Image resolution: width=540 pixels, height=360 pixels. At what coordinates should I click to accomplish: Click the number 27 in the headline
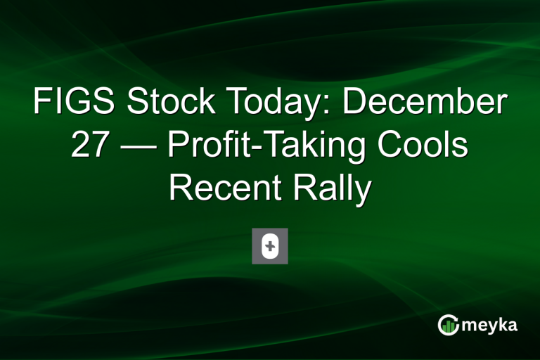[x=91, y=147]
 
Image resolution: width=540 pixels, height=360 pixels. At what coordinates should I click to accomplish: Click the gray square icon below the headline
[x=270, y=246]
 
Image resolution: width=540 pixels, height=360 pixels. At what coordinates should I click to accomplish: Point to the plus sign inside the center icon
[x=270, y=246]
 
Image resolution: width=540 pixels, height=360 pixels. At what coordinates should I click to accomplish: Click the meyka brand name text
[x=491, y=324]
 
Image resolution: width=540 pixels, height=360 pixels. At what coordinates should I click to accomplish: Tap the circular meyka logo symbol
[x=449, y=324]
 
